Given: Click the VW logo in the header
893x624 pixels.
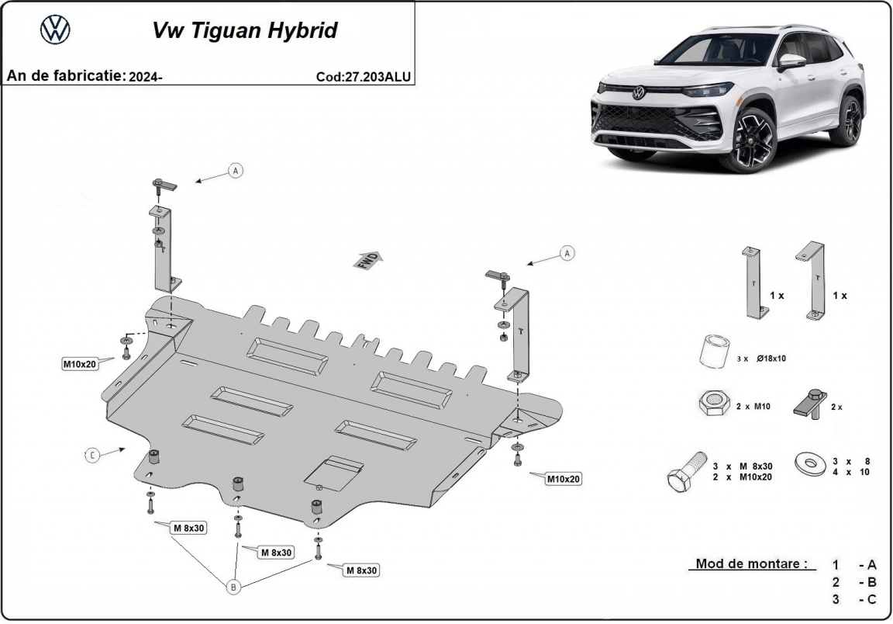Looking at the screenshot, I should [55, 30].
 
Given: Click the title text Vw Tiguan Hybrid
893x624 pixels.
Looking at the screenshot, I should [244, 30].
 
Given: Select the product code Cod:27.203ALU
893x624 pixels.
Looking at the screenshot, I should [364, 77].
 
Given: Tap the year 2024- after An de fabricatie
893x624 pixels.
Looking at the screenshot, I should [147, 76].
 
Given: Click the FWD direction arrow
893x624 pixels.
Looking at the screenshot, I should [370, 260].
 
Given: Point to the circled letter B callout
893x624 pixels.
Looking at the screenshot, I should [233, 588].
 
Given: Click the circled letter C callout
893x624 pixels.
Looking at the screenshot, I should [92, 456].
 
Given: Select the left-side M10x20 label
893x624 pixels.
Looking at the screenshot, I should [80, 363].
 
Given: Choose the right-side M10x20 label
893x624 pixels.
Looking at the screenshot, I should [564, 479].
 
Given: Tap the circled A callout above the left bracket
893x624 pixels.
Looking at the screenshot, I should [236, 170].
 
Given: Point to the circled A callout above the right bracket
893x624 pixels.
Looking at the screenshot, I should [567, 253].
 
